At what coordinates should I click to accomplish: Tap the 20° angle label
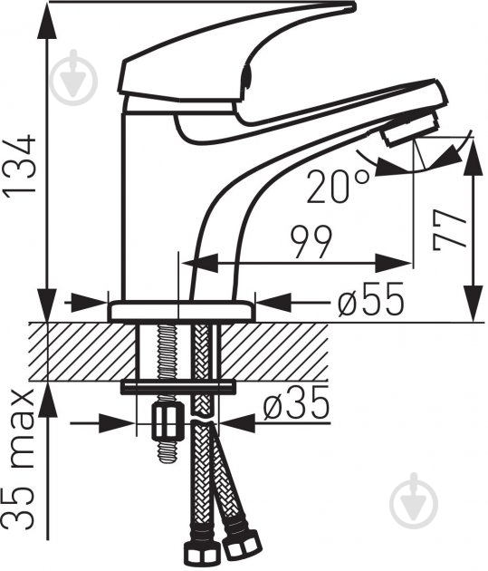pos(338,187)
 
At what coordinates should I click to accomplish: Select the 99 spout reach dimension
pos(311,242)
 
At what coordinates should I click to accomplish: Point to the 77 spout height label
pos(449,230)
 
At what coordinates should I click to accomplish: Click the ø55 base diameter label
pos(370,299)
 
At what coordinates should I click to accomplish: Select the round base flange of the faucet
pos(181,312)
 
